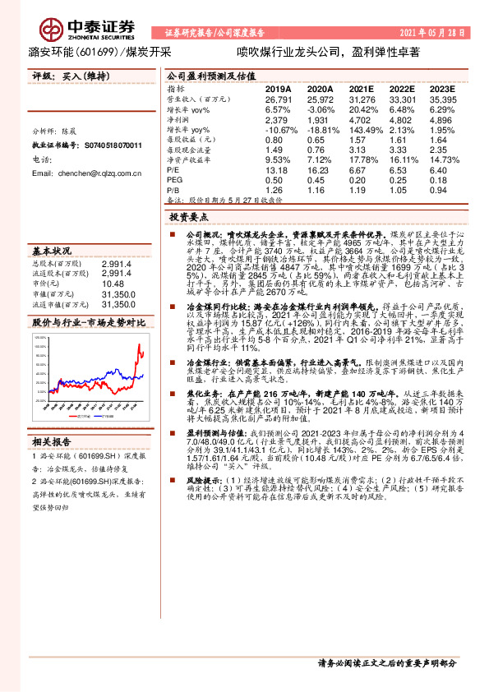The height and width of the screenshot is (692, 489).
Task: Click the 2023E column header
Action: [x=442, y=88]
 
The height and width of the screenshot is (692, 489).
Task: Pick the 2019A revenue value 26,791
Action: [x=279, y=99]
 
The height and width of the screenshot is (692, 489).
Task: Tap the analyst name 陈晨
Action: [x=80, y=131]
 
